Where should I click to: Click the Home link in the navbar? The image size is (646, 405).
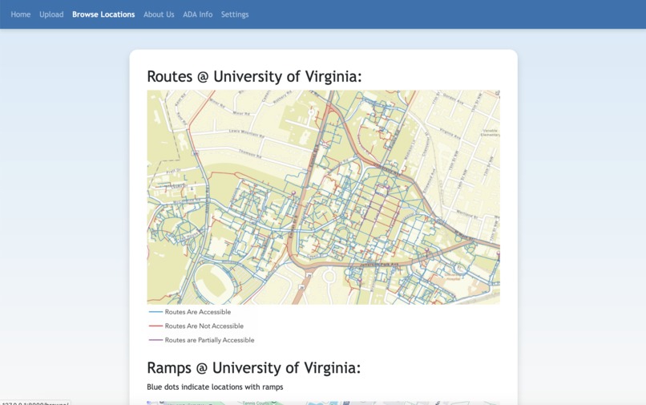point(21,14)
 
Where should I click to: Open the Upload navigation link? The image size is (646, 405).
point(51,14)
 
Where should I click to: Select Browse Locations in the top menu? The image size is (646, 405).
point(103,14)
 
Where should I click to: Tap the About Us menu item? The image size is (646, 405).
point(159,14)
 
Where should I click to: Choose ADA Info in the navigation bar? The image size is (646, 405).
point(197,14)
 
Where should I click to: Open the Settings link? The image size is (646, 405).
point(235,14)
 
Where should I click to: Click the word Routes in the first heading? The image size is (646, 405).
point(170,77)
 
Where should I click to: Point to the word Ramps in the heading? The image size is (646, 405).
point(169,368)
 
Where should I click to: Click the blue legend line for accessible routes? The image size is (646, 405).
point(155,312)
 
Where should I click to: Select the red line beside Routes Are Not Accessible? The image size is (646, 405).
point(155,326)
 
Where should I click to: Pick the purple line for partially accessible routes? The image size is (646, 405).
point(155,340)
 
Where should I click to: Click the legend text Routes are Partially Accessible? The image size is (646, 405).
point(209,340)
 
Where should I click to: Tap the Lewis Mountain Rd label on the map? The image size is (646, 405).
point(245,132)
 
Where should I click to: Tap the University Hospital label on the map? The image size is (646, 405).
point(451,277)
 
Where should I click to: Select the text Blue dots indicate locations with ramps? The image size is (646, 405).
point(215,387)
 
